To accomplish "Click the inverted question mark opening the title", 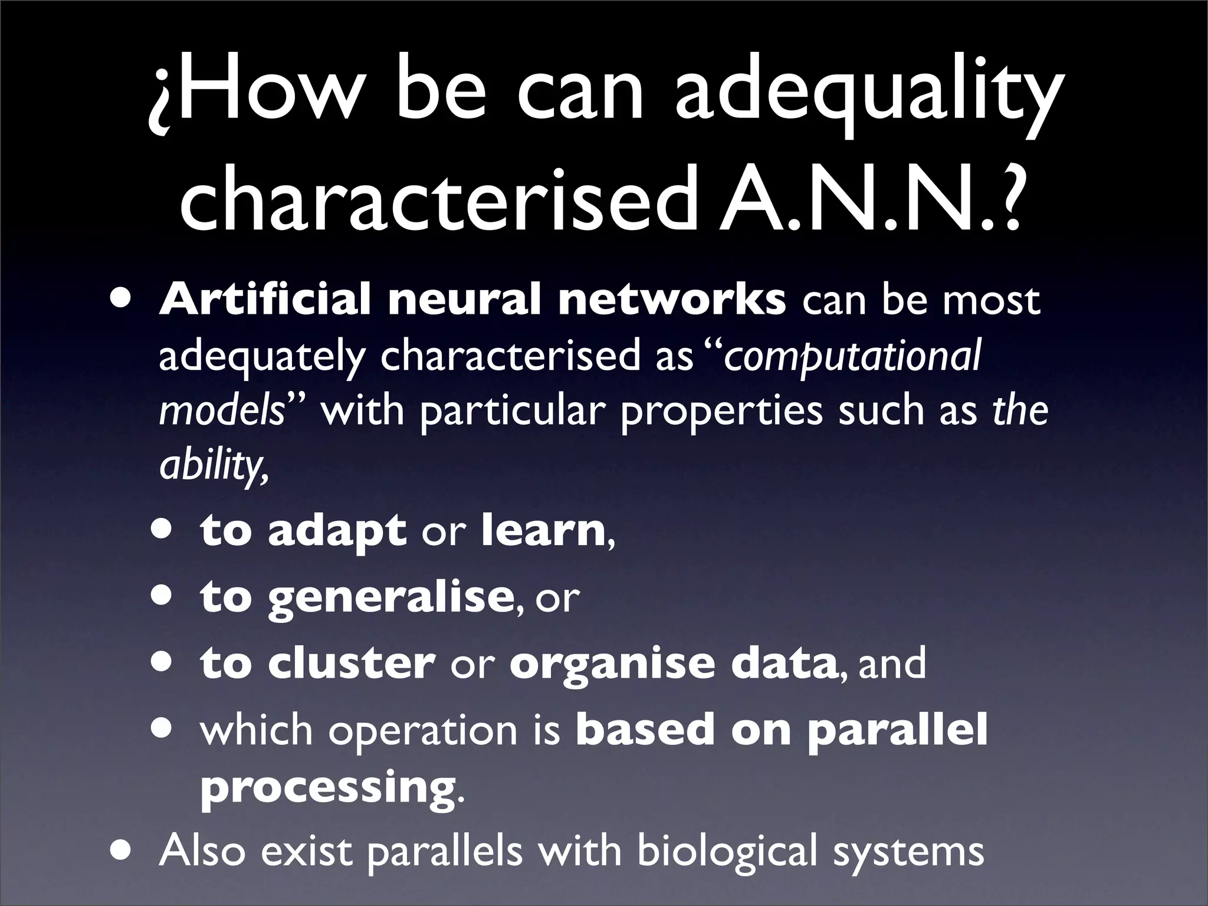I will (161, 100).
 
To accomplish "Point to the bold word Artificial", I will (265, 300).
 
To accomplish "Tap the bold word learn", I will (543, 530).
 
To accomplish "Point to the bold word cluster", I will (352, 663).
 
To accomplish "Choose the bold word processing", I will (327, 788).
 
